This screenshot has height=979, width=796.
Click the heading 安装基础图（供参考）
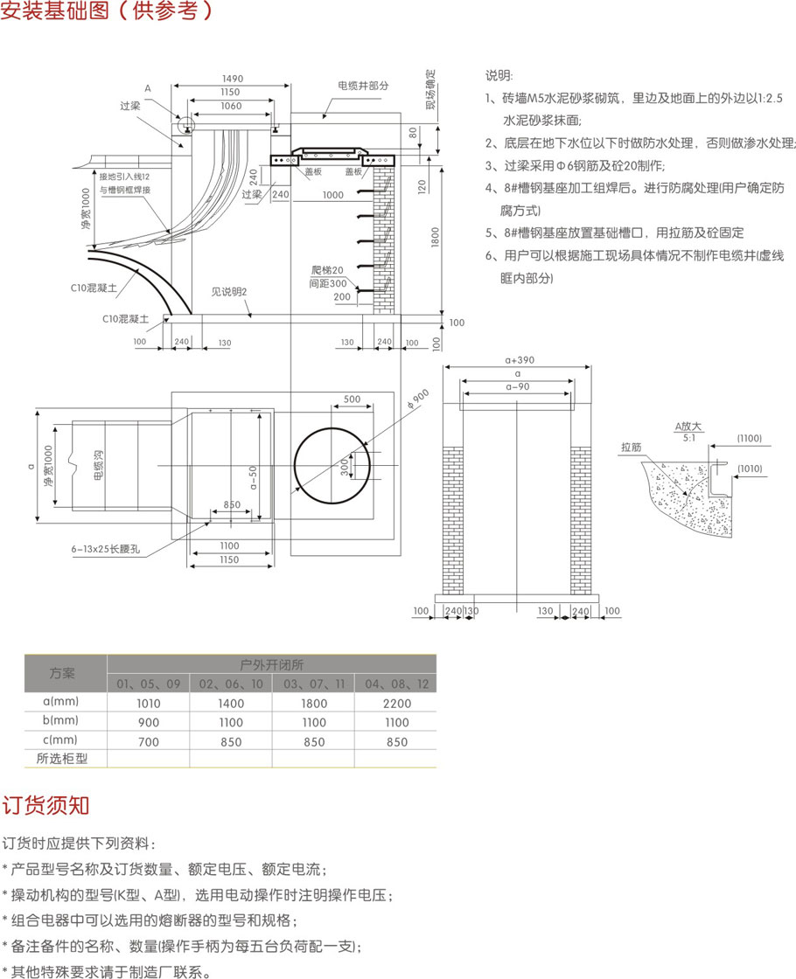point(108,11)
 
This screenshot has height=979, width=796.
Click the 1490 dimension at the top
point(232,79)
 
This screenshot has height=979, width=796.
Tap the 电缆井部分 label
point(363,86)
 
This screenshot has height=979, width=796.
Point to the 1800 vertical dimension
point(435,236)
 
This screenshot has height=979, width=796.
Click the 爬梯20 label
point(329,269)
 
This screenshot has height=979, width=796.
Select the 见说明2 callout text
point(230,291)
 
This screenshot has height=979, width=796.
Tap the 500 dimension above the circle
point(352,399)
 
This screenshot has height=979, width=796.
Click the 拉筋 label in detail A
point(631,447)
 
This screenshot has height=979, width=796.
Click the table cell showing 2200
point(396,703)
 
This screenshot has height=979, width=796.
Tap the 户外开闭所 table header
point(271,663)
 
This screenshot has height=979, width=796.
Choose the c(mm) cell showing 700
point(149,742)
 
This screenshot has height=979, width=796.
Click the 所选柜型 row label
point(62,759)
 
